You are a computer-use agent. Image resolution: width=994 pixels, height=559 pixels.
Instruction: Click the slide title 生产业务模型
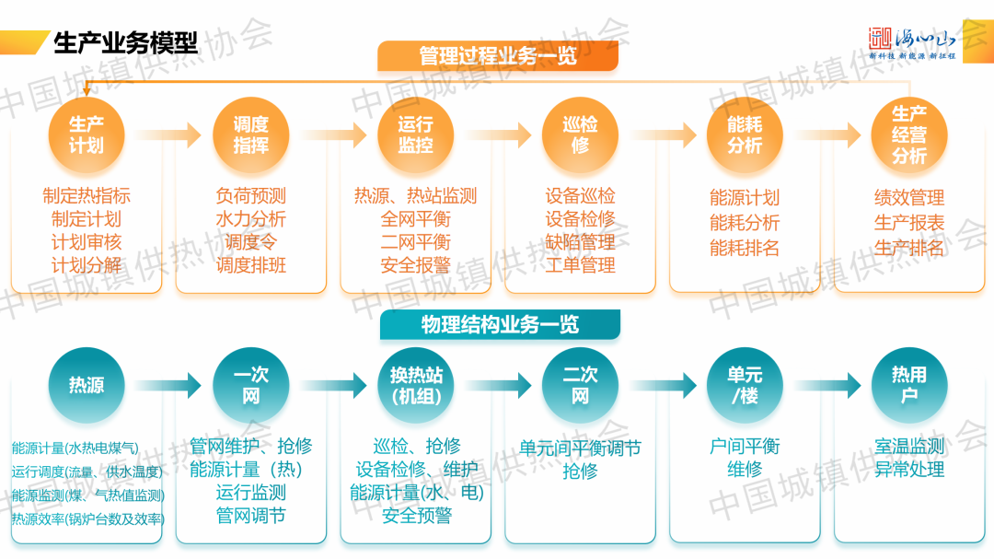click(126, 42)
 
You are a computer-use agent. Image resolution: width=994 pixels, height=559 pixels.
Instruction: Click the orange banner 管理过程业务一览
click(498, 55)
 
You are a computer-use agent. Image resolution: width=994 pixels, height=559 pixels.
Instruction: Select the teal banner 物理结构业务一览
click(500, 325)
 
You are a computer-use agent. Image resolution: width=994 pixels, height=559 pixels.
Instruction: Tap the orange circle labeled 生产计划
click(87, 134)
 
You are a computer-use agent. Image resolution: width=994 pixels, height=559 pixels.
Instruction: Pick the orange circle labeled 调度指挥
click(250, 134)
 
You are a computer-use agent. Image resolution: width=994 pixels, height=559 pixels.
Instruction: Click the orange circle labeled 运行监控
click(415, 134)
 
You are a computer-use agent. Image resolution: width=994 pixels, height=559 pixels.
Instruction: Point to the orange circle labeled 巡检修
click(580, 134)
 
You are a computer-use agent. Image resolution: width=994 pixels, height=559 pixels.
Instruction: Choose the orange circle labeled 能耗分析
click(745, 134)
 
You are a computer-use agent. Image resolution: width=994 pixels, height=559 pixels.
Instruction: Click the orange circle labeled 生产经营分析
click(909, 134)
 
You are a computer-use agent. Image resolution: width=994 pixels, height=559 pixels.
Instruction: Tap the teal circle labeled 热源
click(87, 386)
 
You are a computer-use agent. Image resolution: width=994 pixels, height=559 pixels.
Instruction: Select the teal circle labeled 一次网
click(250, 386)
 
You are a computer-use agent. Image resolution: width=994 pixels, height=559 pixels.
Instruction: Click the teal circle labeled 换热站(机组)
click(415, 386)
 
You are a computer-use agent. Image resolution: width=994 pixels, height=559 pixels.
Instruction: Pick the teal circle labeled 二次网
click(580, 386)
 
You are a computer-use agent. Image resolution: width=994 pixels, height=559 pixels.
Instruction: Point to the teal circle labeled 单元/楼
click(745, 386)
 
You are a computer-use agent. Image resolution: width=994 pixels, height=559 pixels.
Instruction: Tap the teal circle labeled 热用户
click(909, 386)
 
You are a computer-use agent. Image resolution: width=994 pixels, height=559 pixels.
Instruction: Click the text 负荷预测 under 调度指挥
click(250, 196)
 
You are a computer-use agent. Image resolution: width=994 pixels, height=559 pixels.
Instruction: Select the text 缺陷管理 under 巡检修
click(580, 242)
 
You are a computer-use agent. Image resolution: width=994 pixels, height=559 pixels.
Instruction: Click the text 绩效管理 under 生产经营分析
click(909, 198)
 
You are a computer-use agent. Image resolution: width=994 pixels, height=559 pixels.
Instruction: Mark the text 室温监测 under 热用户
click(909, 447)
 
